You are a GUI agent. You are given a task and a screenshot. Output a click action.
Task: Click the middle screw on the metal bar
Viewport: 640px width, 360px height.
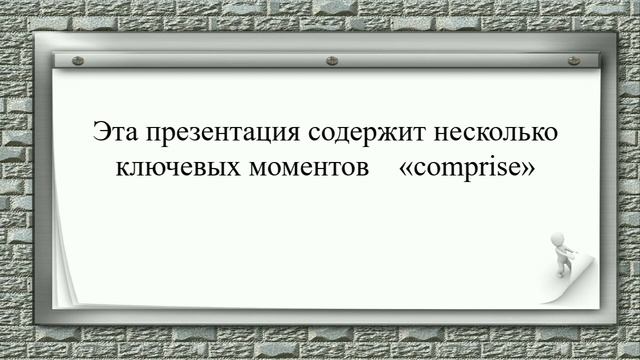(332, 61)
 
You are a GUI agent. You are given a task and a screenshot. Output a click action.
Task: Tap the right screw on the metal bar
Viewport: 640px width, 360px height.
(573, 61)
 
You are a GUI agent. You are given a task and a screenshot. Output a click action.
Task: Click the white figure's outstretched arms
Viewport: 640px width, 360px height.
(569, 249)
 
